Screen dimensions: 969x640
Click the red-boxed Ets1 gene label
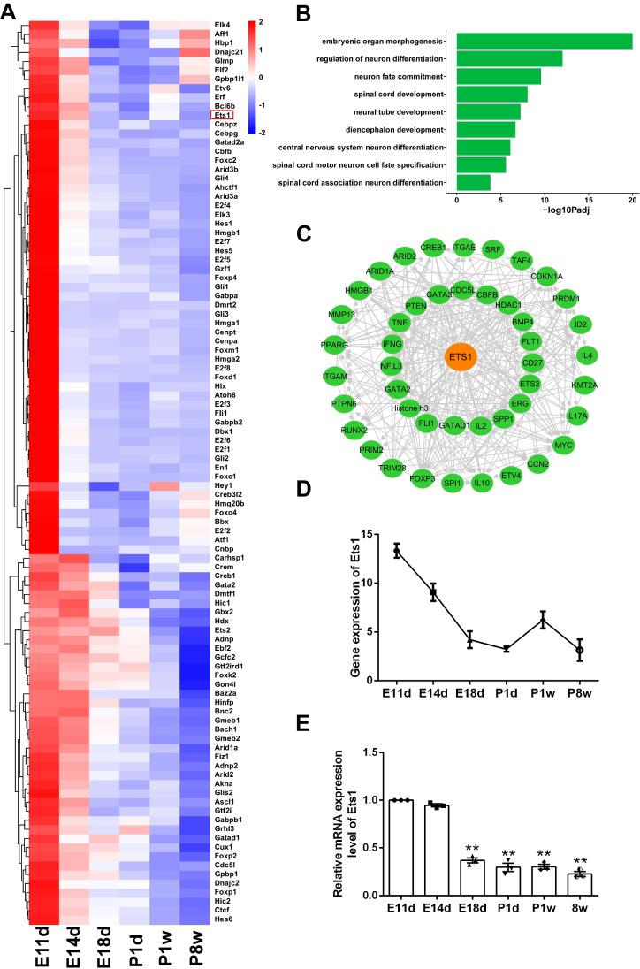click(x=222, y=115)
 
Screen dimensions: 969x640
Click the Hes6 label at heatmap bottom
click(x=222, y=919)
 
